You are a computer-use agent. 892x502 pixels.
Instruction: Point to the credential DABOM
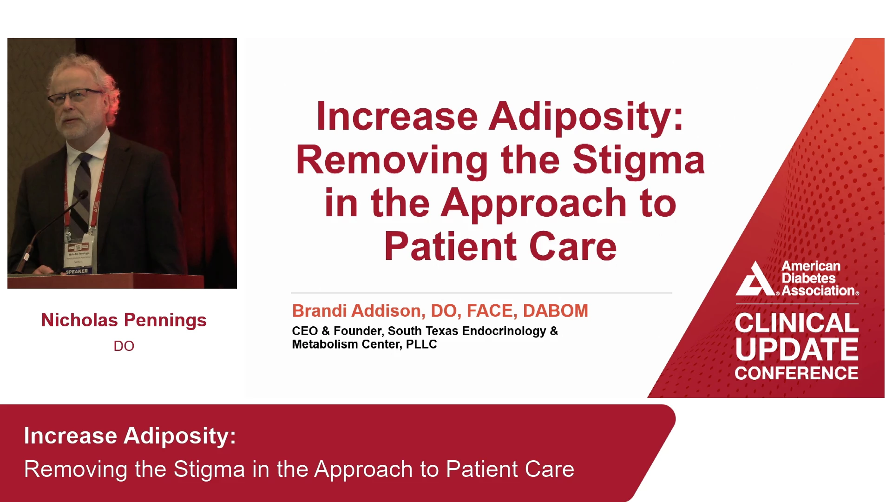pos(556,310)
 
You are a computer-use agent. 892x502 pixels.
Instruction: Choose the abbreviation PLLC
pos(421,344)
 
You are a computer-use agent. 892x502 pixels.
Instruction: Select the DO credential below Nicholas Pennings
pos(124,346)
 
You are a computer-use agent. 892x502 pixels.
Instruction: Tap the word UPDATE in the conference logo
pos(797,350)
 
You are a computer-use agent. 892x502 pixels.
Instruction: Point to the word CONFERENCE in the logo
pos(797,373)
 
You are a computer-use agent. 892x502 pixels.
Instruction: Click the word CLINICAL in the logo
pos(797,323)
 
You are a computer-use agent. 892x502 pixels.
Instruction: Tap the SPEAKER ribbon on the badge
pos(77,271)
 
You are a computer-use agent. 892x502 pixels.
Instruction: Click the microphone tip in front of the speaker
pos(84,194)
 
